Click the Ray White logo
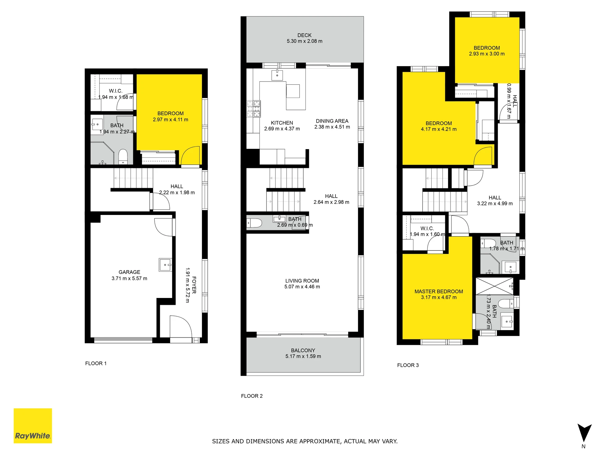coord(33,426)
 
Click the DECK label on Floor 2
coord(305,35)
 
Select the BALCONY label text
coord(303,350)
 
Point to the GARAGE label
coord(129,272)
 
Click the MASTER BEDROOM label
coord(439,291)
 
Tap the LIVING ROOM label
coord(302,281)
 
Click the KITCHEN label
coord(282,123)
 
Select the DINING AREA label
coord(332,121)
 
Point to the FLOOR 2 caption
coord(252,396)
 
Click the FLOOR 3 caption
coord(408,365)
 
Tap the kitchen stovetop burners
coord(254,109)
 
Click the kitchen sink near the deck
coord(277,75)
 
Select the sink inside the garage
coord(165,265)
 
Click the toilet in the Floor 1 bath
coord(123,157)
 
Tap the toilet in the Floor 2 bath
coord(254,223)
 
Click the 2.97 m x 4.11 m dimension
coord(170,119)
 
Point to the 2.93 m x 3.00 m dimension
coord(487,54)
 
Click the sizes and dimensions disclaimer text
coord(305,441)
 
